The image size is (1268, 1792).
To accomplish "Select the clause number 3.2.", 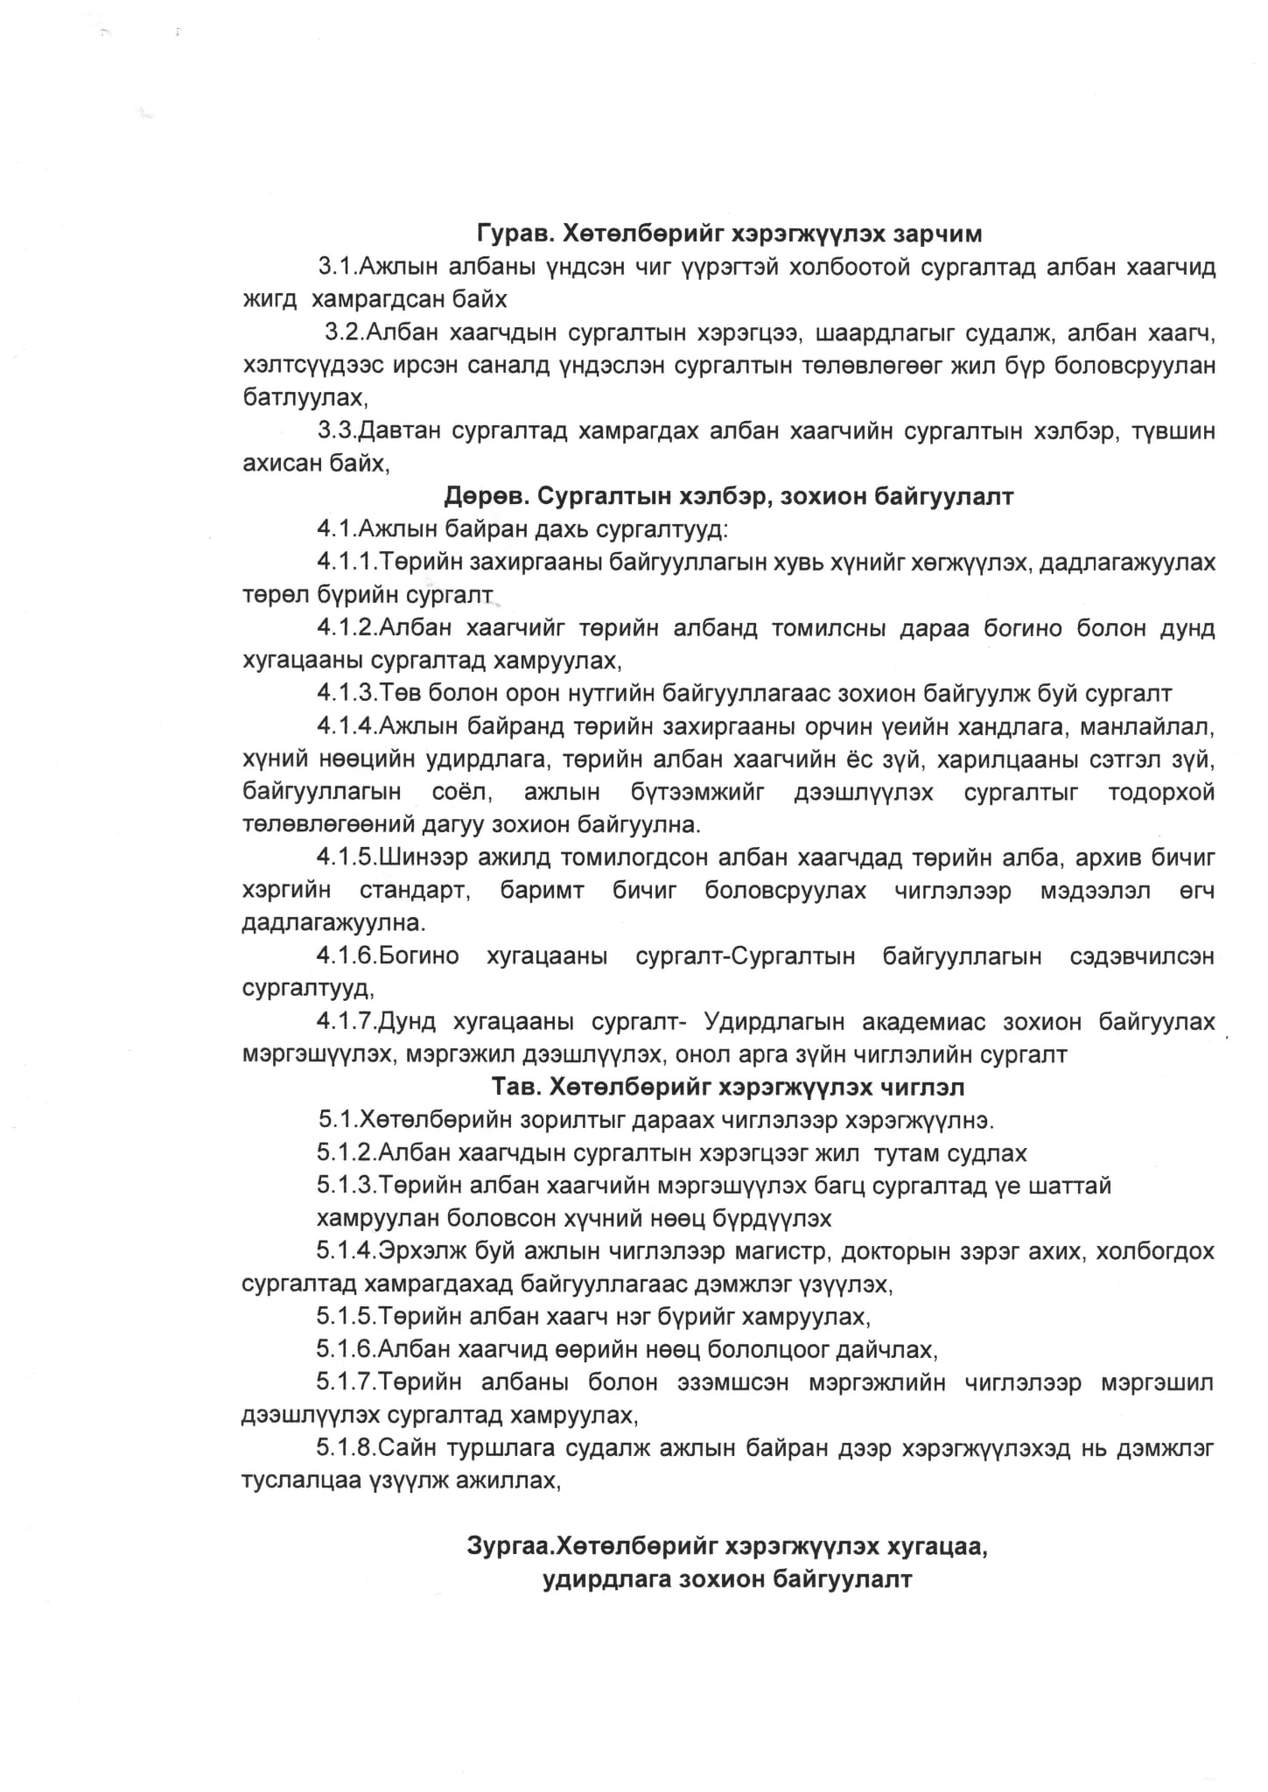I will (345, 332).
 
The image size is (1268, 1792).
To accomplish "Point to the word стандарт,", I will (417, 891).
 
